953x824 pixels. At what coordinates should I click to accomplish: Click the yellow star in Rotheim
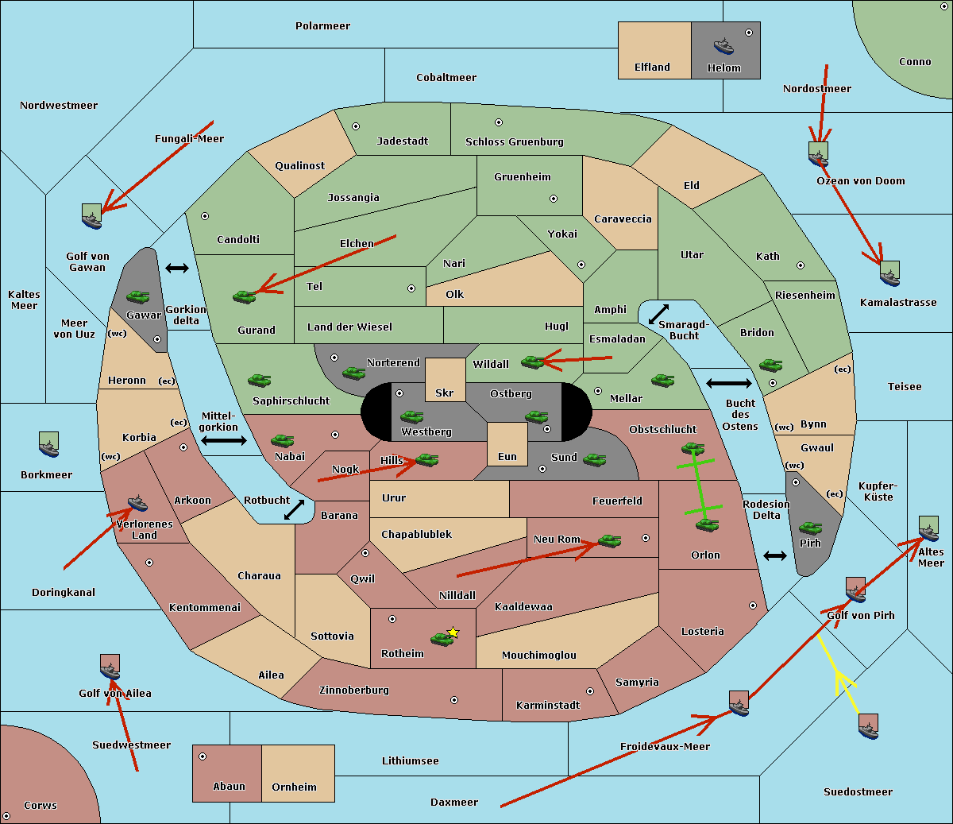coord(453,633)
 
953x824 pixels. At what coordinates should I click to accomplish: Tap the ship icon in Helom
coord(723,45)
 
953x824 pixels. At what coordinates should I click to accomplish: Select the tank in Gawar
coord(137,297)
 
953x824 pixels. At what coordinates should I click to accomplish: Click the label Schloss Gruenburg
coord(514,141)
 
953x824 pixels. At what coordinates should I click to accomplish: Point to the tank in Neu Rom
coord(609,541)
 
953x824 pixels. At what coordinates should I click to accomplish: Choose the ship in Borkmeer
coord(49,445)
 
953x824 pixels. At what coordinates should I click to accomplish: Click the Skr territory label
coord(445,393)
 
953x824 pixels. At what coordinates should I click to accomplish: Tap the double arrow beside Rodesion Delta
coord(775,555)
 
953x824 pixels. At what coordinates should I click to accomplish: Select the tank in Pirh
coord(810,528)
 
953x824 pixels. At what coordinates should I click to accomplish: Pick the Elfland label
coord(652,68)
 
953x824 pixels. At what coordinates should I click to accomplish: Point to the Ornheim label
coord(294,787)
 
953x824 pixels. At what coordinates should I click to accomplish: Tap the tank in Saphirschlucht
coord(259,381)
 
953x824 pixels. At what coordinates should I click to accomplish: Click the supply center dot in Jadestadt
coord(356,126)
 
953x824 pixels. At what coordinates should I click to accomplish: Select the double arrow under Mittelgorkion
coord(223,440)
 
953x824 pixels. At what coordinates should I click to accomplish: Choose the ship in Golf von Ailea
coord(110,668)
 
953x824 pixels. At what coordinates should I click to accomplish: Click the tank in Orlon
coord(706,525)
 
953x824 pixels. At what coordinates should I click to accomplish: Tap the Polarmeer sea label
coord(322,26)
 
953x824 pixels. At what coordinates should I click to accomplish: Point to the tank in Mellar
coord(662,381)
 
